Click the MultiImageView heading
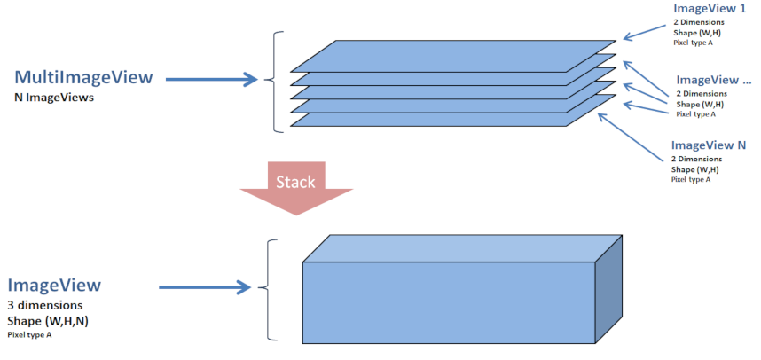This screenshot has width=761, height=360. click(83, 77)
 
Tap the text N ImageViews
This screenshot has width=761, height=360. click(53, 98)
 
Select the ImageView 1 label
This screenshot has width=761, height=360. click(710, 8)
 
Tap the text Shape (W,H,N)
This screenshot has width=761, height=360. click(46, 320)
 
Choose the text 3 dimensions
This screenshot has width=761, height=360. click(45, 305)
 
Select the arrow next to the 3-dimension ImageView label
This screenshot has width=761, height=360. click(204, 286)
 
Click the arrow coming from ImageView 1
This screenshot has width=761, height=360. click(642, 33)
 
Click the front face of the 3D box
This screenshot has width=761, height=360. click(448, 301)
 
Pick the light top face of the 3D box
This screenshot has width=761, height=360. click(461, 248)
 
